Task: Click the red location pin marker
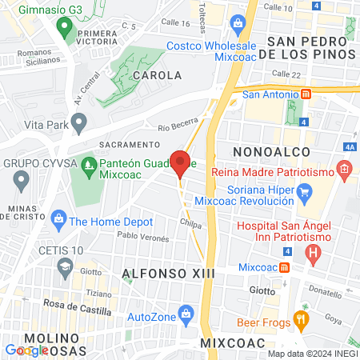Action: [x=180, y=162]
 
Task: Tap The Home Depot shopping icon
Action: [x=58, y=218]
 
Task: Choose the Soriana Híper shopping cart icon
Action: [x=304, y=192]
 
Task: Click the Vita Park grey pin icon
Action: [x=78, y=122]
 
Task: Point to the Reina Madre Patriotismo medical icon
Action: [x=344, y=169]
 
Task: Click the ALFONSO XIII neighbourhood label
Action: [x=162, y=274]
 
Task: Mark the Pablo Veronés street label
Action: [x=143, y=238]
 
